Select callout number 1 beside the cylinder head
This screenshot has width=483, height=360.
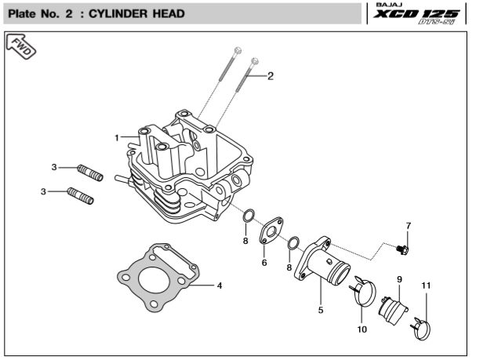117,137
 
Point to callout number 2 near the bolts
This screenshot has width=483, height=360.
271,77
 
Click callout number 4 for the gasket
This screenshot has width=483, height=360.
220,285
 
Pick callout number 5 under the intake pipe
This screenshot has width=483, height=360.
320,311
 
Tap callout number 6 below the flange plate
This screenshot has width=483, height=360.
264,263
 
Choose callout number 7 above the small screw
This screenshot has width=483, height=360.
408,227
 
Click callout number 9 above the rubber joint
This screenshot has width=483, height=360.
399,280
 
